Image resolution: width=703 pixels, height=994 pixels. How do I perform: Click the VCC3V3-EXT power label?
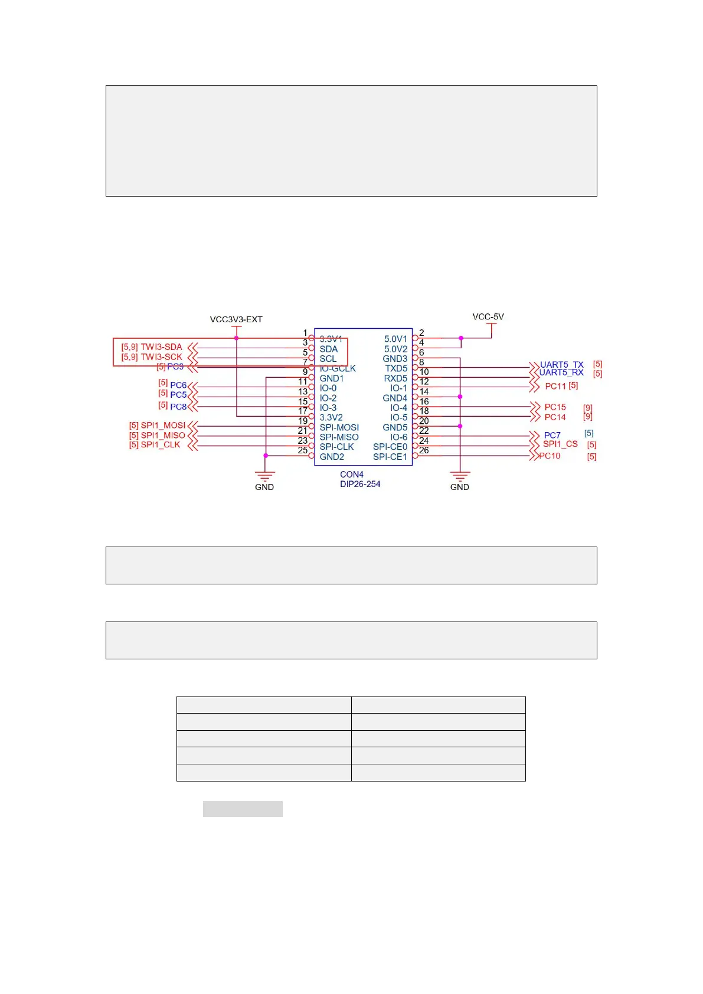click(x=236, y=319)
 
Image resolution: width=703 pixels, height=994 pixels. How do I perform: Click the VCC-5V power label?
click(x=488, y=316)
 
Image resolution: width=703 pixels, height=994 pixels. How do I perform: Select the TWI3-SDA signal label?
click(x=161, y=347)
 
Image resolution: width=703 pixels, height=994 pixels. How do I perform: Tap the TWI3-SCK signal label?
click(x=161, y=357)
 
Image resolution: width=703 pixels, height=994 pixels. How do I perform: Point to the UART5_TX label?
click(x=561, y=364)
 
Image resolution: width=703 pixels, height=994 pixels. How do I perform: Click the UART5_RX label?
click(x=561, y=372)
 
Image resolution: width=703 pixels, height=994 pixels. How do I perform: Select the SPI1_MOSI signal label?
click(x=163, y=425)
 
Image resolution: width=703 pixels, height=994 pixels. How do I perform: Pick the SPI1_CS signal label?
click(x=560, y=444)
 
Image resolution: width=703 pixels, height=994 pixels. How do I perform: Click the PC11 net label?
click(x=555, y=386)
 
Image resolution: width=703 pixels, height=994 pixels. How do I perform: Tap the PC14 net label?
click(x=555, y=417)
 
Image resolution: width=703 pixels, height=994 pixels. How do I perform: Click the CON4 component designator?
click(x=352, y=474)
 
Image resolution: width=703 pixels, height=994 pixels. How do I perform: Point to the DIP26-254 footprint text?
click(x=360, y=484)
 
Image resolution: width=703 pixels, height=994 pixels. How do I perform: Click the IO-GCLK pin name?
click(x=338, y=368)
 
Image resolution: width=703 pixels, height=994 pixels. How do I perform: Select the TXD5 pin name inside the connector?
click(x=396, y=368)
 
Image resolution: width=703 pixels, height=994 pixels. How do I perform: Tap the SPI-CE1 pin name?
click(x=390, y=456)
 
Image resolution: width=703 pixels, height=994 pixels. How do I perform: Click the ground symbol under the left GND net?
click(x=265, y=475)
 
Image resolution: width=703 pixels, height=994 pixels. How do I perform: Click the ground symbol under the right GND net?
click(x=460, y=475)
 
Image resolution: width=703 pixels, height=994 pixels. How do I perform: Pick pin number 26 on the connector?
click(x=424, y=450)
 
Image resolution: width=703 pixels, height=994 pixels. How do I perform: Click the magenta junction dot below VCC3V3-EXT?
click(x=236, y=338)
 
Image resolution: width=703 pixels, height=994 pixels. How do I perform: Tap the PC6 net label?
click(x=178, y=385)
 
